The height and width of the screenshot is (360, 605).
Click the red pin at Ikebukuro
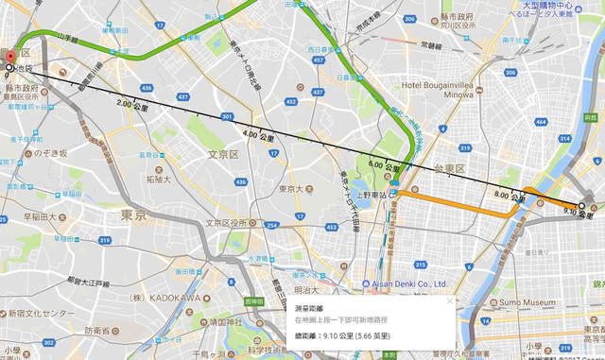pyautogui.click(x=8, y=60)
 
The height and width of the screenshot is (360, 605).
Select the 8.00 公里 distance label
pyautogui.click(x=508, y=197)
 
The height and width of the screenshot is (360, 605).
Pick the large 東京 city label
pyautogui.click(x=132, y=214)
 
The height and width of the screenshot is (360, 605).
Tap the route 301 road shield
pyautogui.click(x=226, y=117)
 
